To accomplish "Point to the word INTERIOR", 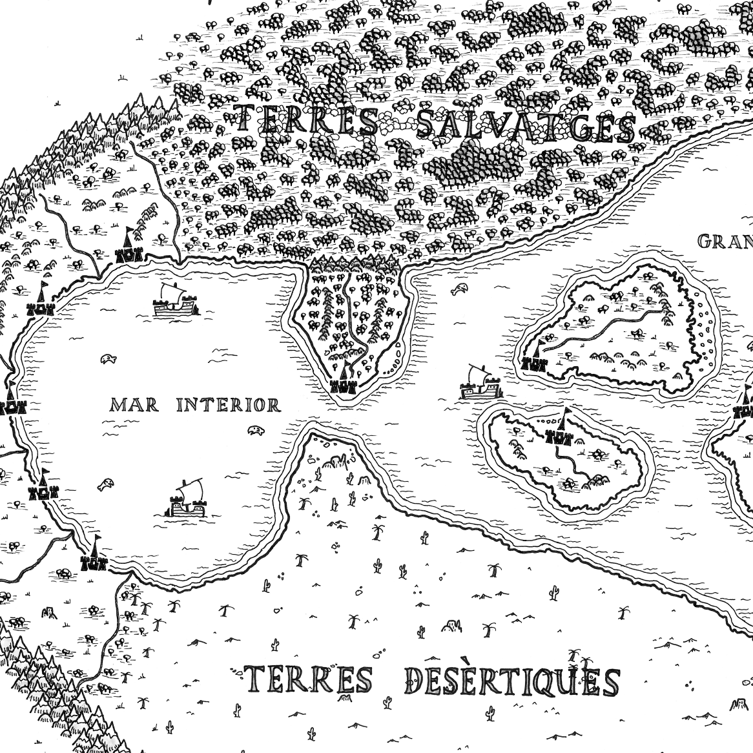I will (x=229, y=406).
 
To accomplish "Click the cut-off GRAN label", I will (x=725, y=242).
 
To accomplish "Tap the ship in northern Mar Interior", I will (x=174, y=302).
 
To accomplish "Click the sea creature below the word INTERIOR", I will (x=256, y=429).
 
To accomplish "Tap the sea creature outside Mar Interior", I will (x=460, y=288).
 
